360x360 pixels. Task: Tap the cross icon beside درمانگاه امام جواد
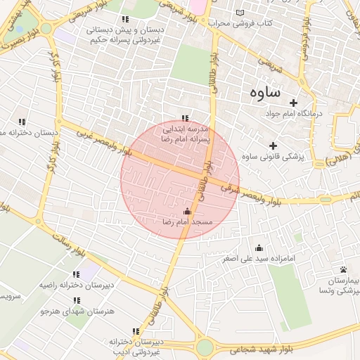(294, 103)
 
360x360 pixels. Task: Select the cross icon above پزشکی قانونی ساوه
(272, 146)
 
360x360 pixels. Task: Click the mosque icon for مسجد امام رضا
(187, 211)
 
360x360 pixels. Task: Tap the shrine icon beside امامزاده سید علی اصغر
(258, 247)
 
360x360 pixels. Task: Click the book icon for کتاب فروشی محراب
(243, 13)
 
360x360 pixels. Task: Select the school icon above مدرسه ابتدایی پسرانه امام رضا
(185, 119)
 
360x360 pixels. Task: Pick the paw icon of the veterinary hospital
(343, 270)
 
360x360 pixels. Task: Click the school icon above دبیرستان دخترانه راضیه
(76, 274)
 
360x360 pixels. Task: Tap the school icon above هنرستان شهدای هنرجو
(76, 300)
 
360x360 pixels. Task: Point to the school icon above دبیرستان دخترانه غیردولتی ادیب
(136, 331)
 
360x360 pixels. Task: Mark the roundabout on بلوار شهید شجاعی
(205, 347)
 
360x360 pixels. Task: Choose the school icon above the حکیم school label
(125, 20)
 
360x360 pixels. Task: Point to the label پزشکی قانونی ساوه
(273, 157)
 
